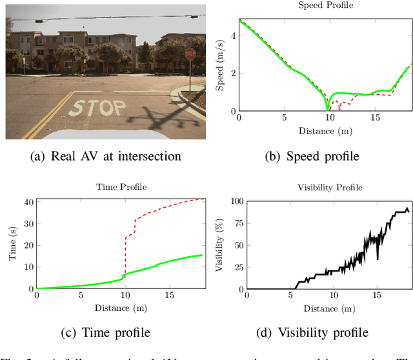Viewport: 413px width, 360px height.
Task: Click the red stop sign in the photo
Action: tap(190, 54)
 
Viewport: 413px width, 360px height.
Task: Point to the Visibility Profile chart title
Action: tap(329, 187)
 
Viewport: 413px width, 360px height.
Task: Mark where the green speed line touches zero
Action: tap(328, 110)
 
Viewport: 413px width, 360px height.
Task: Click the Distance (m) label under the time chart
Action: tap(123, 309)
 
